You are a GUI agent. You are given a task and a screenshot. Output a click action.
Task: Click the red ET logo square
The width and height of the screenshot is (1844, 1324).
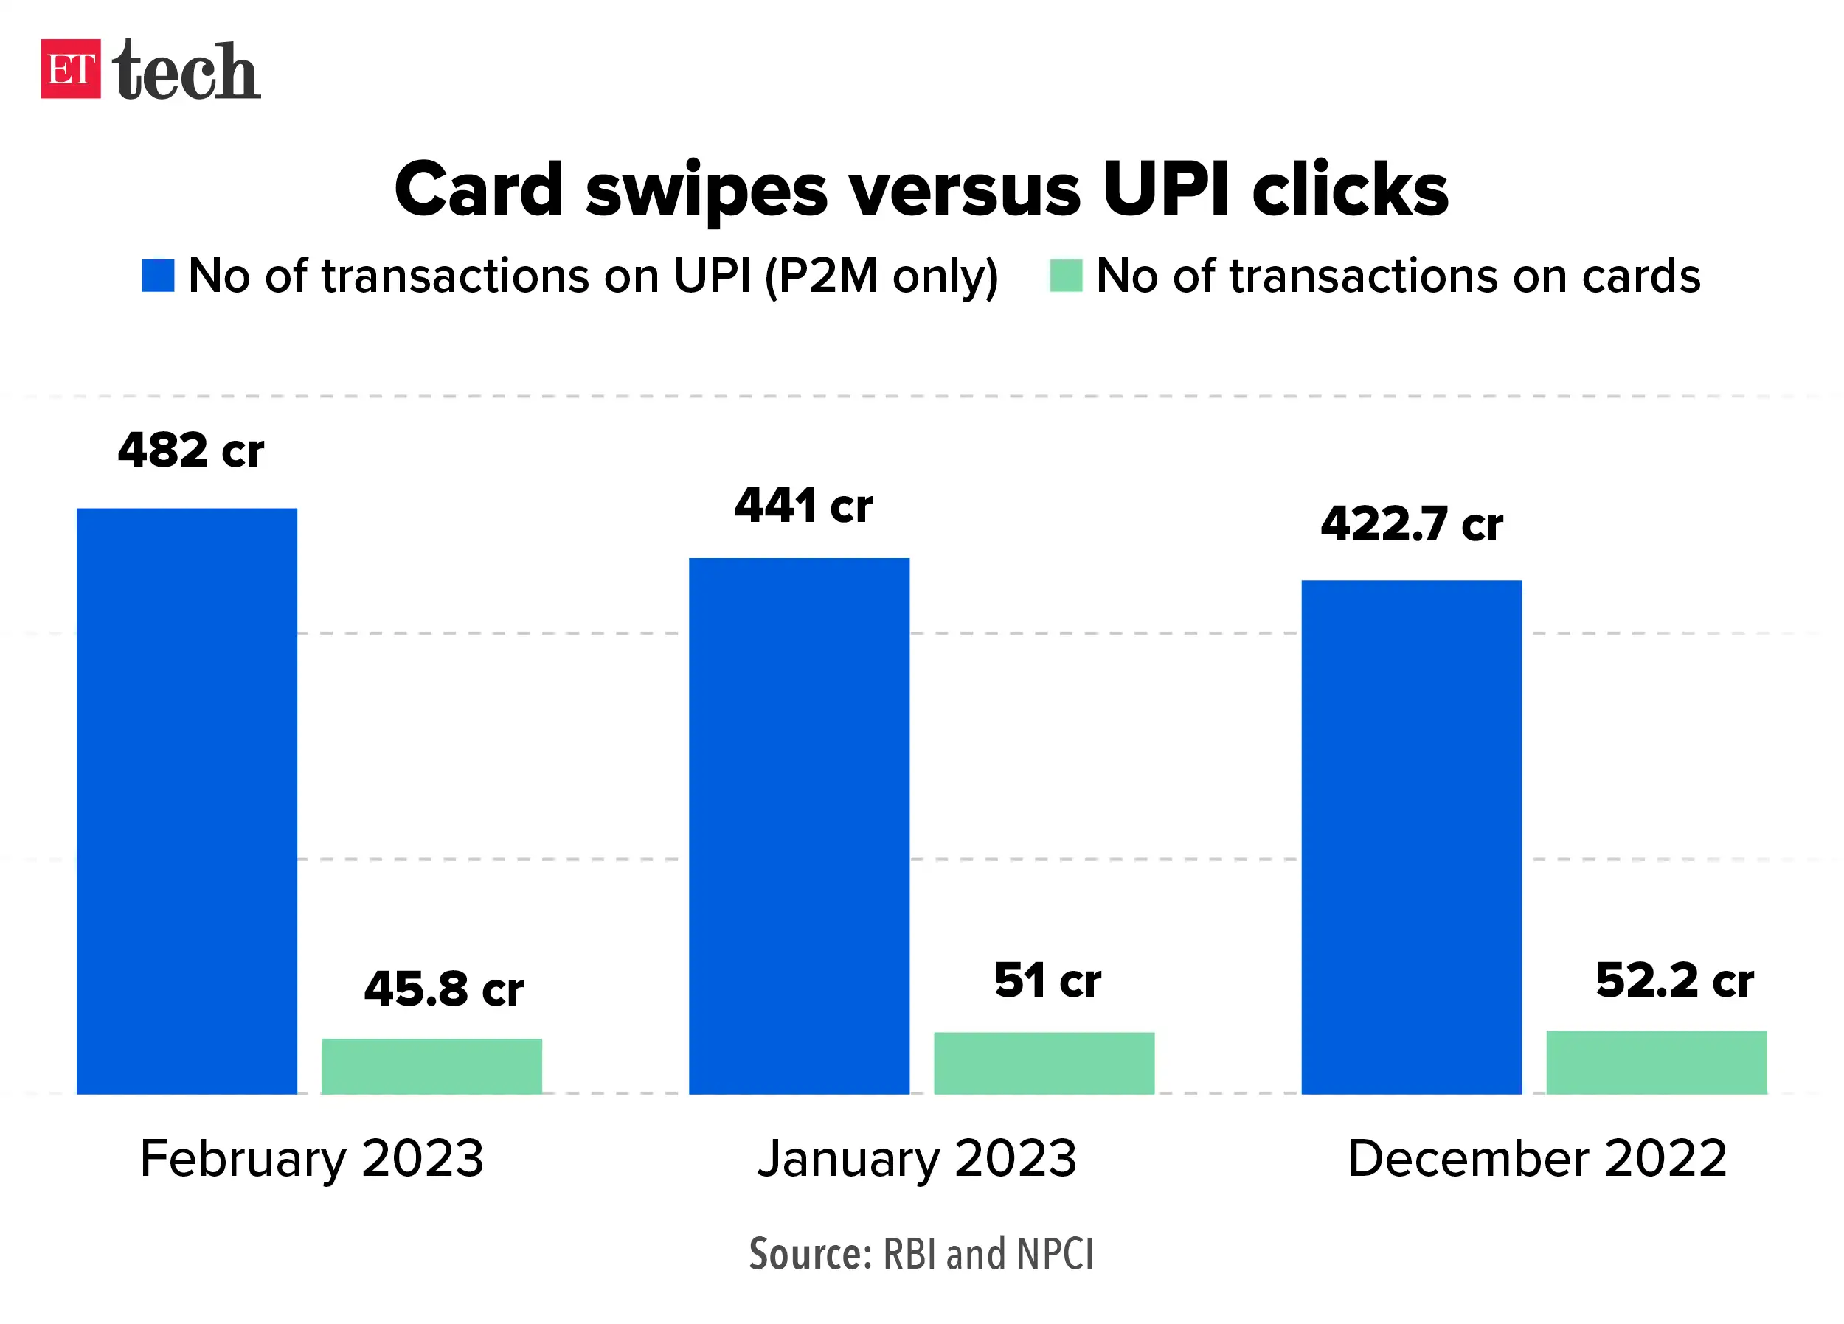[x=71, y=69]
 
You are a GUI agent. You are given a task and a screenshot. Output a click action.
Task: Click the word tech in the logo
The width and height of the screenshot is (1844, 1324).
[x=186, y=72]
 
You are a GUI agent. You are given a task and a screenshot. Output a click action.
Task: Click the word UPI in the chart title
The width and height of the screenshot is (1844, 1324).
[x=1167, y=189]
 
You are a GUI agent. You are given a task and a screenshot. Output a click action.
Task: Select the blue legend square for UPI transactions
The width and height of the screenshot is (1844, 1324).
[x=158, y=276]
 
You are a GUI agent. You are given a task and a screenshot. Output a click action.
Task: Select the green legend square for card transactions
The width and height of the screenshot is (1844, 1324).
[x=1066, y=276]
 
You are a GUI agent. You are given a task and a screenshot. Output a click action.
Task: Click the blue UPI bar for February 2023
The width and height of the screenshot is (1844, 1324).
[x=187, y=801]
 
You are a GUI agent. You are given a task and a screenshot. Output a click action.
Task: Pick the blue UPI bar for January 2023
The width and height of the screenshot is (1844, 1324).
[x=800, y=825]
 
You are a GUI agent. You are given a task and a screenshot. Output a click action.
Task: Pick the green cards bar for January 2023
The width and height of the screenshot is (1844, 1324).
[x=1044, y=1062]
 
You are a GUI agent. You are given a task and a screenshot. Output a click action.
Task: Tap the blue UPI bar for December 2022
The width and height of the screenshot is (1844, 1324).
[x=1412, y=837]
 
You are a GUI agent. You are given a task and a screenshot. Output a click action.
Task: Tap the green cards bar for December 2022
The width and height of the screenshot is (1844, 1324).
[x=1656, y=1062]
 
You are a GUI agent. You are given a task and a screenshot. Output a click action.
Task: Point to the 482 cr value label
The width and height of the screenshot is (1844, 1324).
[x=191, y=450]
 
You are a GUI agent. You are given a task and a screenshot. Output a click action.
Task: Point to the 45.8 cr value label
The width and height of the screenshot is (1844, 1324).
[x=444, y=989]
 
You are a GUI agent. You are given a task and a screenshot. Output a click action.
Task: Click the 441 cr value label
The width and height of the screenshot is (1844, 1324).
[x=803, y=506]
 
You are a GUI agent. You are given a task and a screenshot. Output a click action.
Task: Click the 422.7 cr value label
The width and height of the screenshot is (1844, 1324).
[x=1413, y=523]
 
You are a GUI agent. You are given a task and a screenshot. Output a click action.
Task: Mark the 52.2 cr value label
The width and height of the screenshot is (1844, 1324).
[x=1675, y=980]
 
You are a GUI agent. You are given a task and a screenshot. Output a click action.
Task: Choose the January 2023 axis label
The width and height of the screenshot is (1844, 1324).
[x=917, y=1158]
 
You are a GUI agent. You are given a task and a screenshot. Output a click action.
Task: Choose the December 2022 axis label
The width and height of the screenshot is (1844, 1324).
[x=1537, y=1158]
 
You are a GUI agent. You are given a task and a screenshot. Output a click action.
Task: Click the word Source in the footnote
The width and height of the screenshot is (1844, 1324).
[x=810, y=1253]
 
